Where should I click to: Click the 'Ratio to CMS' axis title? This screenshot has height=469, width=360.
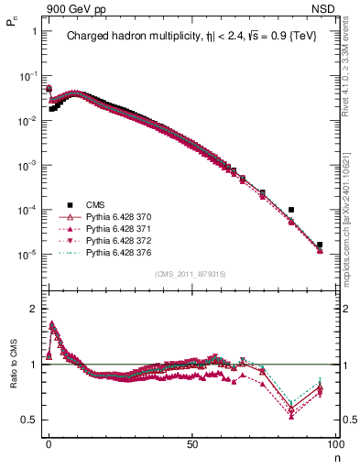(x=14, y=365)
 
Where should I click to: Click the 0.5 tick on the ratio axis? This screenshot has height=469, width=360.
(x=28, y=420)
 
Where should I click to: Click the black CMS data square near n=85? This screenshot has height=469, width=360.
(x=291, y=210)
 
